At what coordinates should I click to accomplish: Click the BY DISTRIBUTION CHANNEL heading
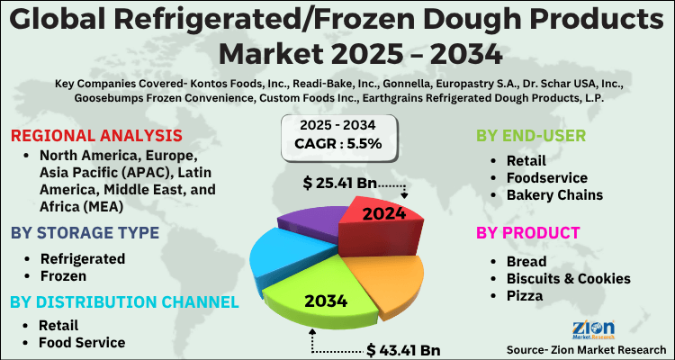pos(124,301)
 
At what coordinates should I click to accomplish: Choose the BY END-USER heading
pos(531,136)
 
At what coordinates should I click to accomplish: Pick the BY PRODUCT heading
pos(527,234)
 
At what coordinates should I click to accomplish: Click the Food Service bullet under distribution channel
pos(81,343)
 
